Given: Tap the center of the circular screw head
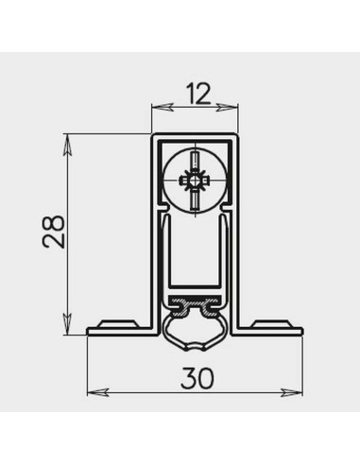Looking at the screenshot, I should [195, 179].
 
